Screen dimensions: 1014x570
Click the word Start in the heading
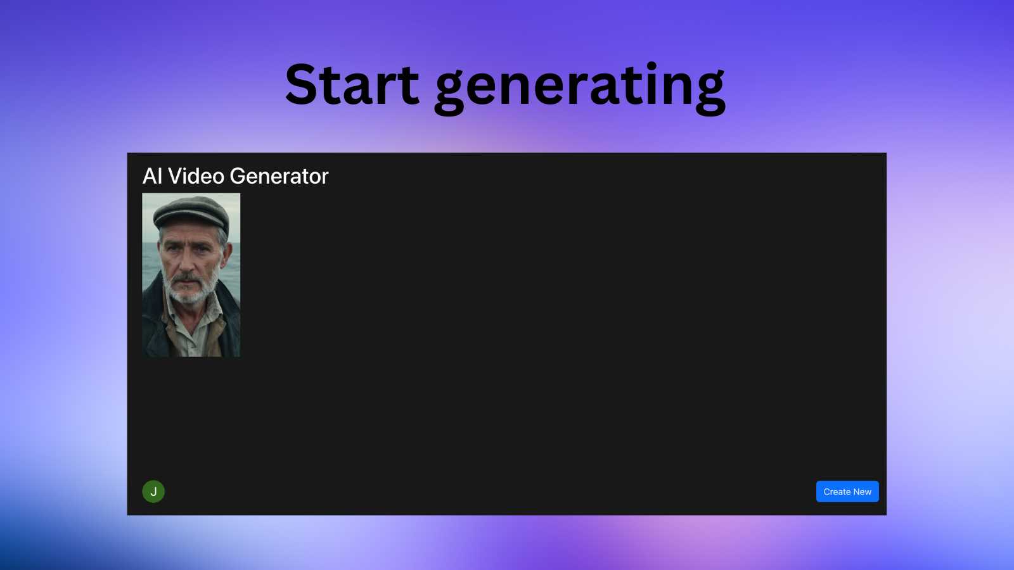coord(352,85)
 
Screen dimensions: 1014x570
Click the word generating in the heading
coord(580,89)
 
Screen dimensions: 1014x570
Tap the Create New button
coord(847,491)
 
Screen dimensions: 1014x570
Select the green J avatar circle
coord(153,491)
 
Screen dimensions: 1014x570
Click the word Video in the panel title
coord(196,176)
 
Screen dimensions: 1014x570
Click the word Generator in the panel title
coord(279,176)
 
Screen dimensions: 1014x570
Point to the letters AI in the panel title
coord(153,176)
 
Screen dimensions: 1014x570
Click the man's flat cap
coord(191,212)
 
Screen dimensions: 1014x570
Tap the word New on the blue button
coord(863,491)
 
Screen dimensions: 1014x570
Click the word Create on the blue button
coord(837,491)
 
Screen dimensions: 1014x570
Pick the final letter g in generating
coord(709,93)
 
